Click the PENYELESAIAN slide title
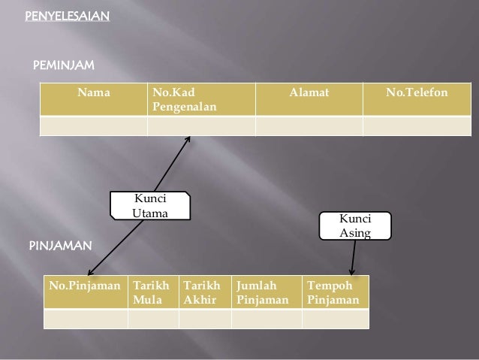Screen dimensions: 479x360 tap(67, 16)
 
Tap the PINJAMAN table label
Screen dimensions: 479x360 tap(60, 246)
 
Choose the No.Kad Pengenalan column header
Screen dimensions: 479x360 tap(184, 101)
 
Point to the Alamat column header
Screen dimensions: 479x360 tap(309, 94)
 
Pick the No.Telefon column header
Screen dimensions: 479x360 tap(417, 94)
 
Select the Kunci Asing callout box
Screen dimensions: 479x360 tap(355, 225)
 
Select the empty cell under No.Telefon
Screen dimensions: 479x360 tap(417, 126)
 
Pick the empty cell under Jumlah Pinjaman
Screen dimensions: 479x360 tap(266, 319)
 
